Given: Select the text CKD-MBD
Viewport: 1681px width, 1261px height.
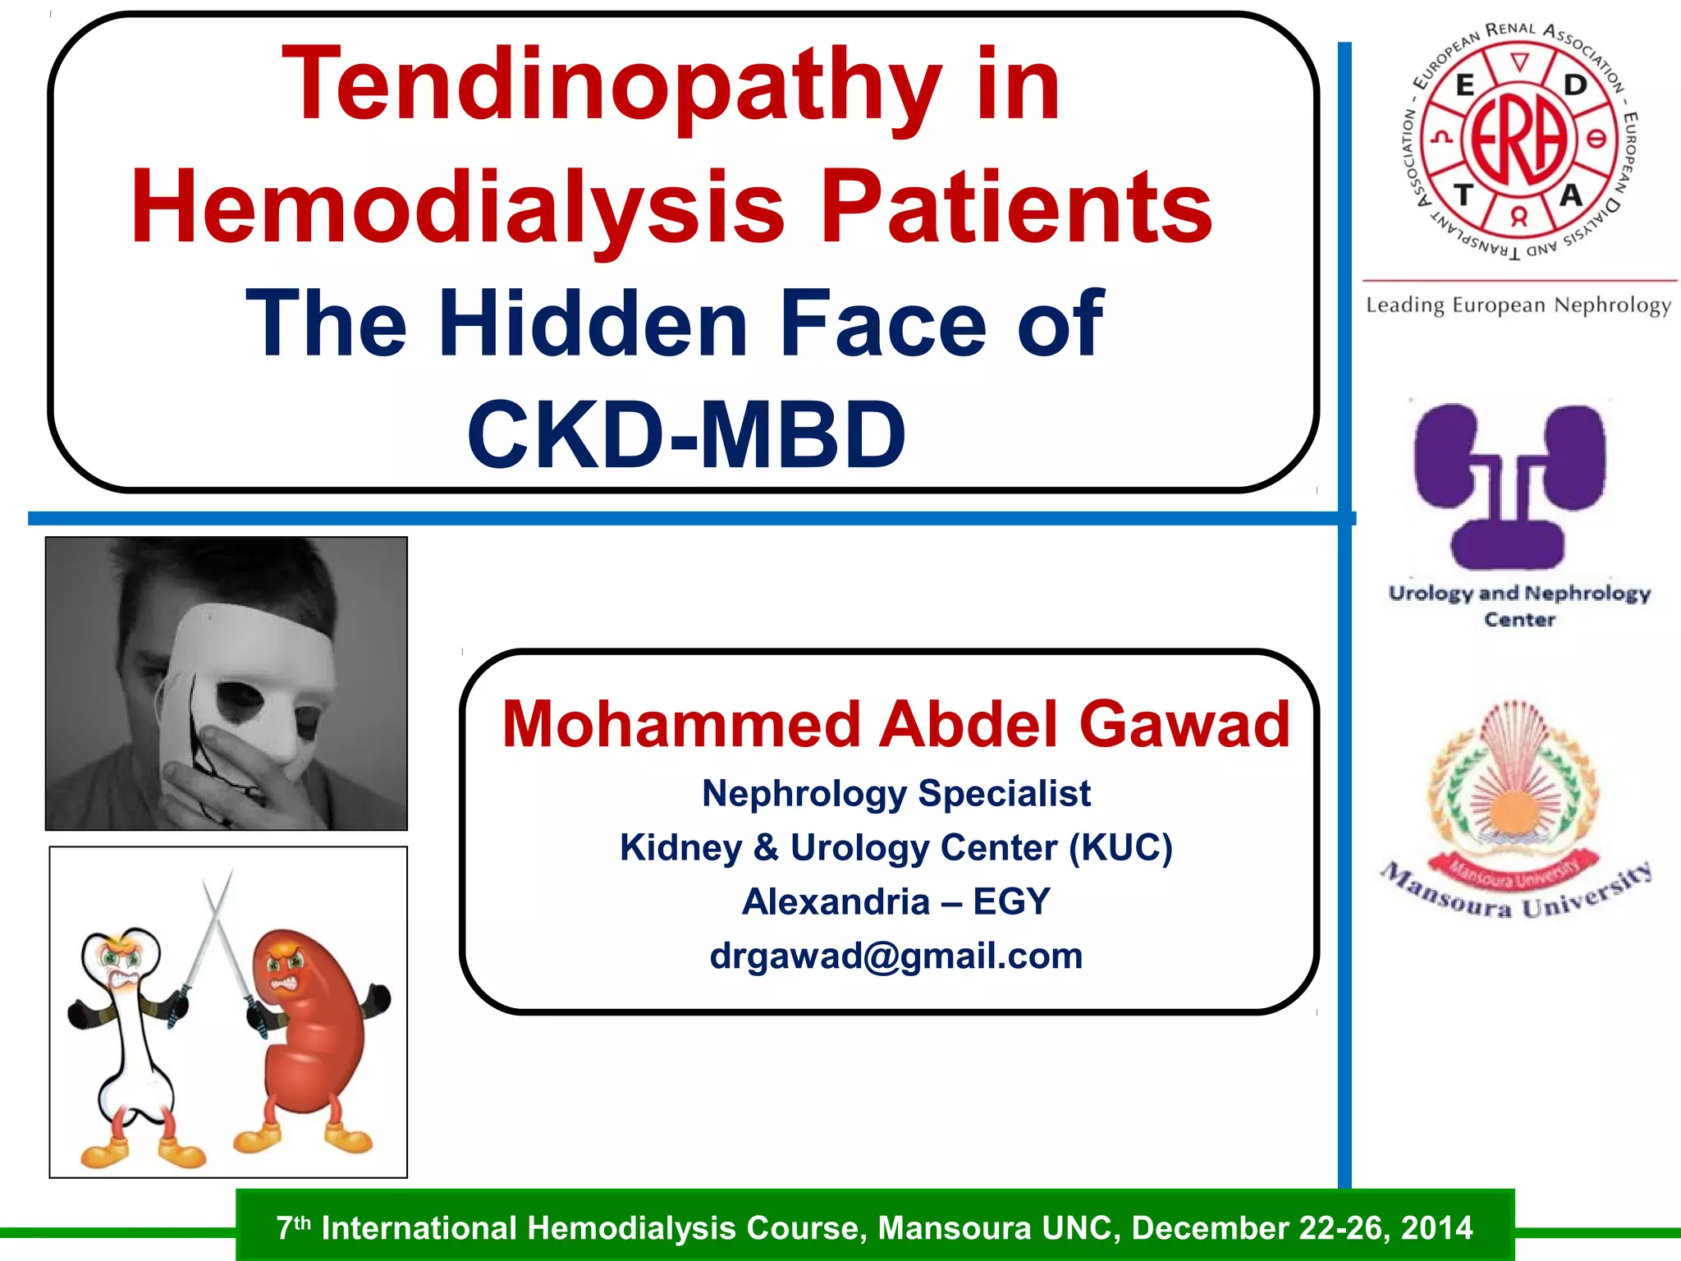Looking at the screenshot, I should (686, 435).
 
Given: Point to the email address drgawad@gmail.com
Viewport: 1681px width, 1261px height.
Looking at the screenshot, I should (896, 956).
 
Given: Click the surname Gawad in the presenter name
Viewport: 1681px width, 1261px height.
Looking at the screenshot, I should (1184, 725).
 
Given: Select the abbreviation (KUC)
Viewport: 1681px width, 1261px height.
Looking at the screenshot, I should (1120, 847).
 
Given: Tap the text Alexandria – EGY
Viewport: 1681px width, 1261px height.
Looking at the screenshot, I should (896, 901).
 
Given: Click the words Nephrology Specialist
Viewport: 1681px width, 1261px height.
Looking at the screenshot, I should (896, 793).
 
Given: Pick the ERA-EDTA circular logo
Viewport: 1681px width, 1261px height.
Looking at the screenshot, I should (1518, 140).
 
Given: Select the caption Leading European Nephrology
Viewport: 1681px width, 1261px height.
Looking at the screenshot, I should (1518, 305).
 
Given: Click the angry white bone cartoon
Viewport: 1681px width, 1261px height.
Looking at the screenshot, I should (131, 1043).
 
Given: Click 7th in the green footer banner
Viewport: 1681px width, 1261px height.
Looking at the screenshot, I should (293, 1228).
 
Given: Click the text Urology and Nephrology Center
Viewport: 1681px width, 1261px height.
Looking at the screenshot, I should (1519, 606).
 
